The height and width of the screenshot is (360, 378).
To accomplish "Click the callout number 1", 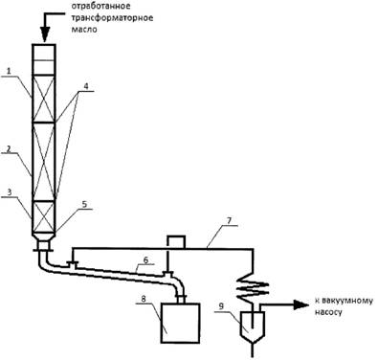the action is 10,71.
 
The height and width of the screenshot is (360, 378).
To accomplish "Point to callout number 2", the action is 9,148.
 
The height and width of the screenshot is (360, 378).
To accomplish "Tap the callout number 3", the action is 10,192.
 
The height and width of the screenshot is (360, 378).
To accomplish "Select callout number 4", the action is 85,86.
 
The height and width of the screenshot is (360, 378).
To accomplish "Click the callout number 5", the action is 84,204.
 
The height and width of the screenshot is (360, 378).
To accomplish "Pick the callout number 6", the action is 145,259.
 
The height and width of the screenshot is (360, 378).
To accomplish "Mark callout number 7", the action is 230,220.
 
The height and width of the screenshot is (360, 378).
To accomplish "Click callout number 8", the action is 144,299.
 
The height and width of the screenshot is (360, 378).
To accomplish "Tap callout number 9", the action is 222,306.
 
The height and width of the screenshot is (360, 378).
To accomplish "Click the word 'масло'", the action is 83,29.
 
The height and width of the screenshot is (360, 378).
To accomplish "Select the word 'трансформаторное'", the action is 112,17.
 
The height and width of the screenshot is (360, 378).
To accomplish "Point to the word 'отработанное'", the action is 100,6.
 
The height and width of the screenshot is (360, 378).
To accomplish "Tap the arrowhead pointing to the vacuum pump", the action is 301,304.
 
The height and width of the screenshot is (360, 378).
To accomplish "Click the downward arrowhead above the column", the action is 44,34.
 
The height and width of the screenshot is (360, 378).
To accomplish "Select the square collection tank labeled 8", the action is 181,323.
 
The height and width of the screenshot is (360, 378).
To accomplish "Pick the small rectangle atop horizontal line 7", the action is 176,242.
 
